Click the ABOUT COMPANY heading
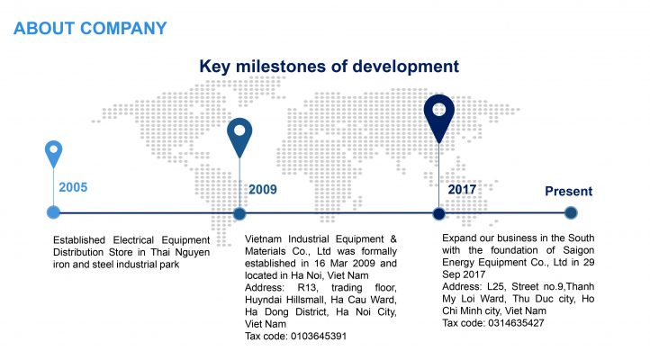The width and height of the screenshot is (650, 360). pos(90,29)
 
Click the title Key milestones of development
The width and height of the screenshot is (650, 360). pos(330,67)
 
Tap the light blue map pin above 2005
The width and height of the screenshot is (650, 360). pos(53,154)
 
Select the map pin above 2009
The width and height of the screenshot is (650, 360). pos(239,138)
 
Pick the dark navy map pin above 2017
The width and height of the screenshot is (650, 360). pos(439,119)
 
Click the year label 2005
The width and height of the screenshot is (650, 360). pos(73,187)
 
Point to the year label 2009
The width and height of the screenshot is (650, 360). pos(262,189)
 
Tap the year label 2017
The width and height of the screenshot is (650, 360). pos(462,189)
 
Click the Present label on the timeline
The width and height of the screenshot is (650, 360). pos(568,191)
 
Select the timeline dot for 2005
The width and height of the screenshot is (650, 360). pos(53,212)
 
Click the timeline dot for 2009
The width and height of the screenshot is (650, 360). pos(239,214)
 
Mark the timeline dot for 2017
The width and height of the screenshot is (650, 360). pos(439,214)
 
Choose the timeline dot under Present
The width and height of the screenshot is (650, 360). pos(571,213)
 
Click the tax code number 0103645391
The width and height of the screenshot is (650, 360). pos(319,336)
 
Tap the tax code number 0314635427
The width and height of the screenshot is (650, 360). pos(516,323)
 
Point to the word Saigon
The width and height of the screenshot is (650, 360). pos(578,250)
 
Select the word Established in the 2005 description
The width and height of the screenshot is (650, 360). pos(78,240)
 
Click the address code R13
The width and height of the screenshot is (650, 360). pos(308,287)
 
